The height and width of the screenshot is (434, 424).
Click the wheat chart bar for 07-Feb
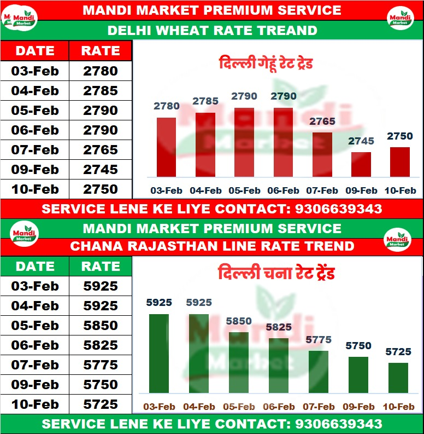click(322, 154)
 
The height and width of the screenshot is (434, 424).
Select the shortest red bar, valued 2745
click(361, 164)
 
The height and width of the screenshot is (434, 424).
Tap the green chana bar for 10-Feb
click(398, 378)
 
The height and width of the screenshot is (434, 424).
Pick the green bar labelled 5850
click(238, 362)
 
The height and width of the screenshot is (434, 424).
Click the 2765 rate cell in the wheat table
click(101, 150)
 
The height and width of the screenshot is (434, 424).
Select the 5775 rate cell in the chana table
click(101, 365)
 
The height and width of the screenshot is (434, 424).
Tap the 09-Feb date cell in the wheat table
click(35, 170)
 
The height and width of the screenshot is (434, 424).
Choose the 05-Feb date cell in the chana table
click(35, 326)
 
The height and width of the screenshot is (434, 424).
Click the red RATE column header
click(101, 51)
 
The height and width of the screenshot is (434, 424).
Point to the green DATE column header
click(35, 267)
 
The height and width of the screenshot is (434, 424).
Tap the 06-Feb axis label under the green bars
click(279, 407)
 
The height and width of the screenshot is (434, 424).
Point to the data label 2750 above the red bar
click(400, 136)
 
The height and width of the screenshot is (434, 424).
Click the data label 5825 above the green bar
click(279, 327)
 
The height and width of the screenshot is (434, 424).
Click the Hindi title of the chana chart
click(276, 273)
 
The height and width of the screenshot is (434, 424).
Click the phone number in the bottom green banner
click(338, 424)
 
